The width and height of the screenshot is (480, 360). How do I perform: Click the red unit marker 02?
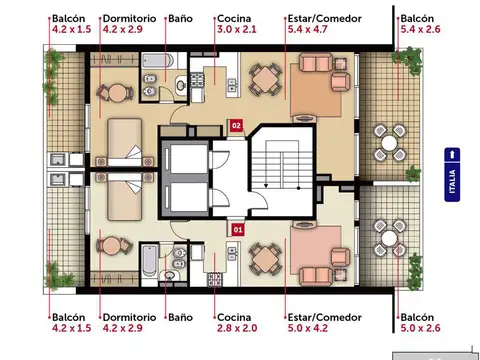pos(236,126)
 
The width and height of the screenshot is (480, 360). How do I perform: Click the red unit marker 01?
pos(238,230)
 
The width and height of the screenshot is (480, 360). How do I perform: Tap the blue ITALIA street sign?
pos(452,175)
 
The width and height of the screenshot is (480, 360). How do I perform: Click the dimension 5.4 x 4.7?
pos(307,29)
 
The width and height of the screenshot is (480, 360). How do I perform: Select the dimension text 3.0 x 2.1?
pos(237,29)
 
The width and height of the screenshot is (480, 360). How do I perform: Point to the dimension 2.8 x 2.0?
pos(237,328)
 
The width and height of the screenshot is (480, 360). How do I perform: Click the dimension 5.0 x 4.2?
pos(308,328)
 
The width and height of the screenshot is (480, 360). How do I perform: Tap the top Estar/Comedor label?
pos(325,19)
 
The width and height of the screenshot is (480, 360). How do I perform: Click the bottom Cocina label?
pos(234,317)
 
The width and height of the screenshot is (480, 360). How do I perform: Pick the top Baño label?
pos(180,18)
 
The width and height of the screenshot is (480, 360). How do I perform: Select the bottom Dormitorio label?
pos(129,317)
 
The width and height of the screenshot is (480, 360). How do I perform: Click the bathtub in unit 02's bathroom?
pos(158,61)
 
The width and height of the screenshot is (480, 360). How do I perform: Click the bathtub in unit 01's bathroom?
pos(149,261)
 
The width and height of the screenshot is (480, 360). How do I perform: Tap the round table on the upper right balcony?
pos(389,143)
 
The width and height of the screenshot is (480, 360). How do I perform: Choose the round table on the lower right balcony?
pos(389,238)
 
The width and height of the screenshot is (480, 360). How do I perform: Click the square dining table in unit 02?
pos(265,80)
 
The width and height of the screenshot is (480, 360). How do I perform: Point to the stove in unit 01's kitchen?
pos(215,279)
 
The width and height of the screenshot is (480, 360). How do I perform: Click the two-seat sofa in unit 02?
pos(316,63)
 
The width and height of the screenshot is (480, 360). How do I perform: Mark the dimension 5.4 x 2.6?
pos(420,29)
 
